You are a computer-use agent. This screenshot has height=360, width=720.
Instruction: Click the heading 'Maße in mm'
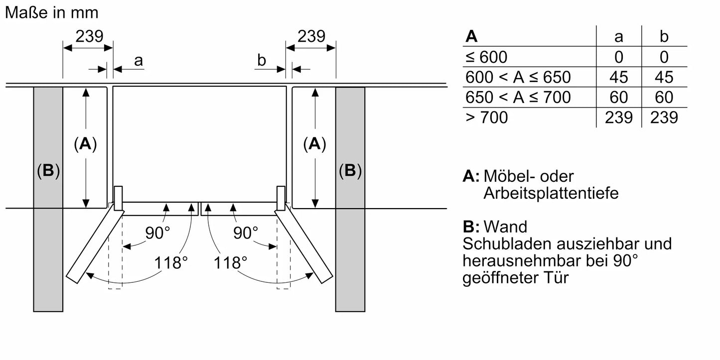pos(52,13)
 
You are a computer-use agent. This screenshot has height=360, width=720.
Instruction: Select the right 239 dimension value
pos(311,36)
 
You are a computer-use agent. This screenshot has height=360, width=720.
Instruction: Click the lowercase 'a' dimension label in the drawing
pos(139,61)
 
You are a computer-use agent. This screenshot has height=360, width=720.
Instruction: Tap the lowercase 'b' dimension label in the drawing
pos(262,61)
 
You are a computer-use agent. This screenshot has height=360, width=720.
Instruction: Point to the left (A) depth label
pos(85,144)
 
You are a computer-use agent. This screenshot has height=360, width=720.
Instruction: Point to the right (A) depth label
pos(314,144)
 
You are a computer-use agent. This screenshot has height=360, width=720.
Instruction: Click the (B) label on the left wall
pos(48,171)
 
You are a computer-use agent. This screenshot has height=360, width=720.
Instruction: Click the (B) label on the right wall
pos(350,171)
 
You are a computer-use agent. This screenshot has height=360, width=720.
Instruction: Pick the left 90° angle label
pos(157,233)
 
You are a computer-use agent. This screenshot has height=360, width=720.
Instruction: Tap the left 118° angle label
pos(170,262)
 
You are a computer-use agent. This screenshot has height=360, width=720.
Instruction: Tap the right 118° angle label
pos(231,262)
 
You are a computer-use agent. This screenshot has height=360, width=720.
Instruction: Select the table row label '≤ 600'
pos(486,57)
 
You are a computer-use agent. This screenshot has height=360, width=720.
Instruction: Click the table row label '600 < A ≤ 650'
pos(518,77)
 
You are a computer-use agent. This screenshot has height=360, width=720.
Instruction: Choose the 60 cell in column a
pos(618,97)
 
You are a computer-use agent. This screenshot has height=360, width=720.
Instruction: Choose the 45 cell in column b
pos(664,77)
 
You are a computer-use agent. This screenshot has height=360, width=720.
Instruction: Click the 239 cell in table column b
pos(664,118)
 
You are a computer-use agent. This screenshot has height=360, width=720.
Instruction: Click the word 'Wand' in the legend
pos(505,227)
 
